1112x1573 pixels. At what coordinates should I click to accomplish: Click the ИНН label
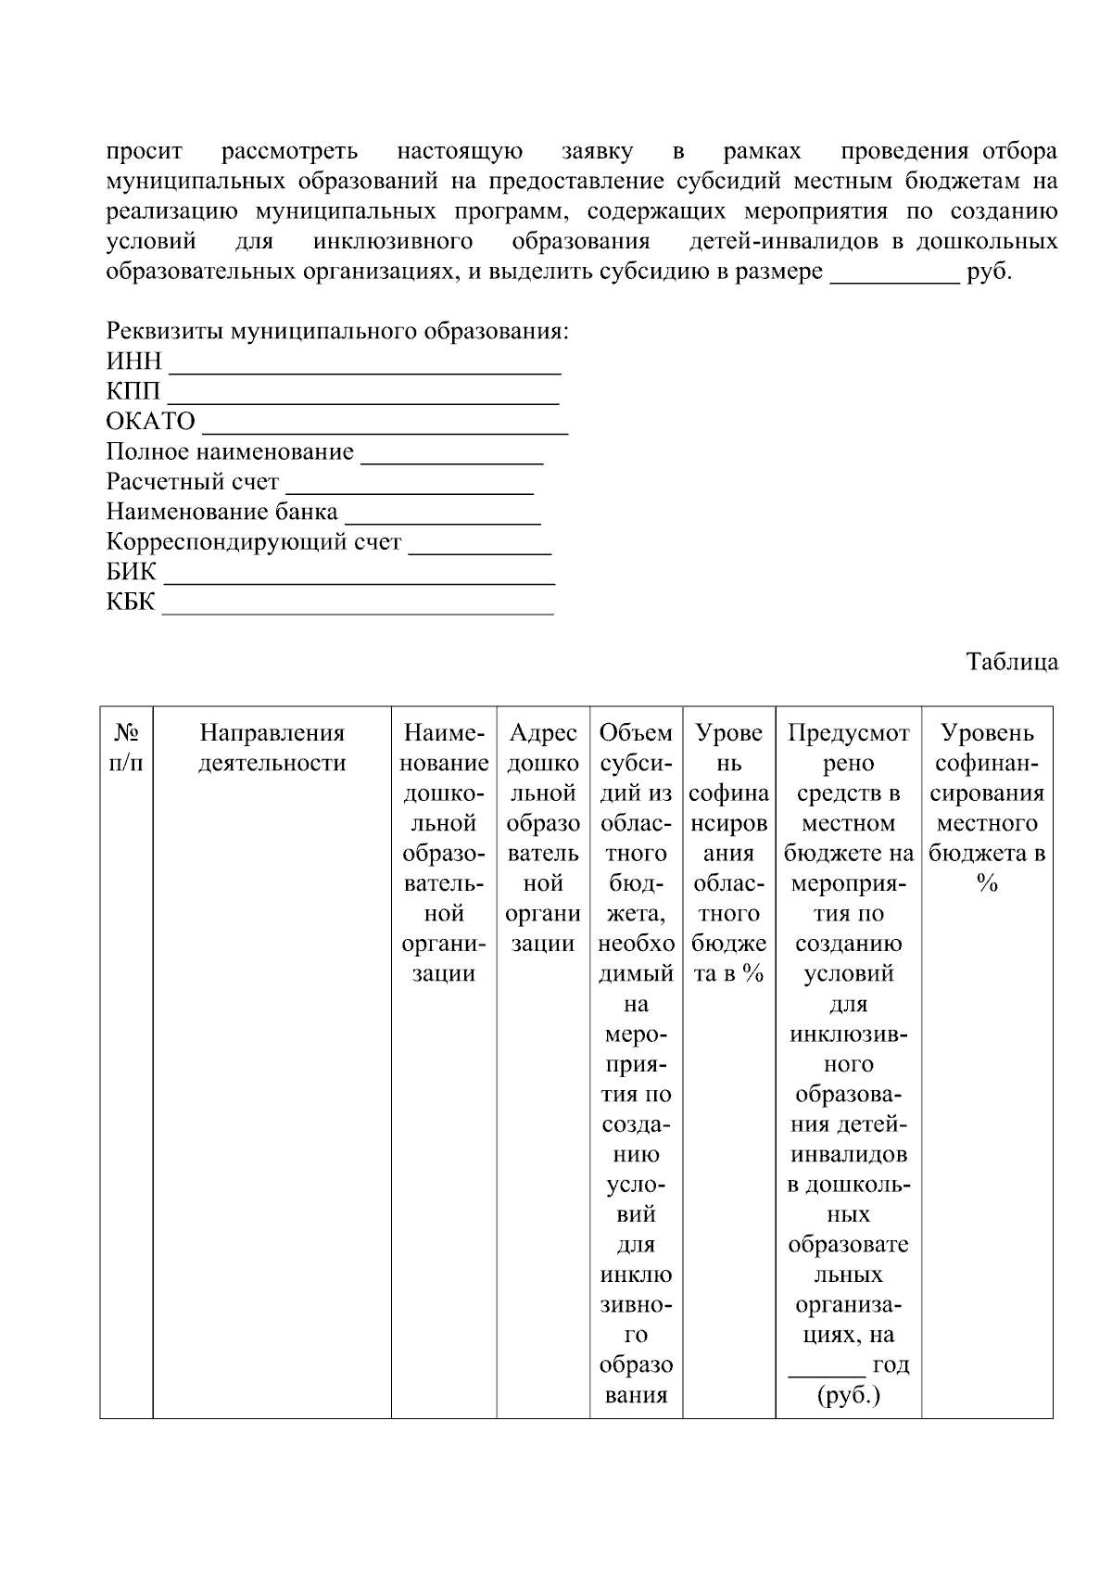(133, 362)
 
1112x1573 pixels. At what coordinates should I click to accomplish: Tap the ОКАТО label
(151, 422)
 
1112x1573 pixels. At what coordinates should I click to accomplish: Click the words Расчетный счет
(193, 482)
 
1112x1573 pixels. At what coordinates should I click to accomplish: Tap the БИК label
(132, 572)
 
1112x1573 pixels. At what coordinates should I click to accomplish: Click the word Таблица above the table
(1012, 663)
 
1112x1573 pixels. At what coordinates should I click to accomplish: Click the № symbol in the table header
(126, 733)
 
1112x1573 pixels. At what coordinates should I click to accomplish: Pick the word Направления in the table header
(272, 733)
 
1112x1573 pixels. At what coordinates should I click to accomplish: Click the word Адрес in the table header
(543, 733)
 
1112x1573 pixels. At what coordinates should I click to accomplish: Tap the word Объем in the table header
(636, 733)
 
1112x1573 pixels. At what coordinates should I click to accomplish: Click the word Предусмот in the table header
(848, 733)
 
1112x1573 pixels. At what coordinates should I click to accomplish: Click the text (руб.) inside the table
(848, 1395)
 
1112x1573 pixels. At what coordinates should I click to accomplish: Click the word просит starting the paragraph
(145, 151)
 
